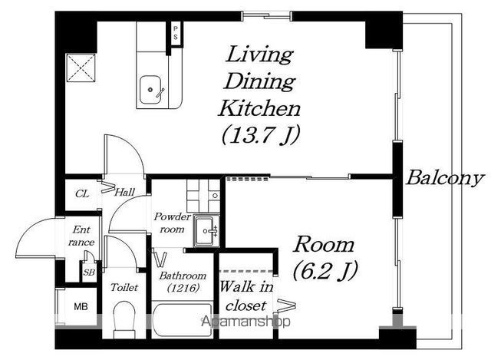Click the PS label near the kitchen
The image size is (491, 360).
point(176,33)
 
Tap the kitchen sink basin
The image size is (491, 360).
point(150,90)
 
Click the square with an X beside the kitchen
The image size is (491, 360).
point(81,68)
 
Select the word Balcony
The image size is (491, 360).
point(445,179)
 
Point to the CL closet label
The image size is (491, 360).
point(82,194)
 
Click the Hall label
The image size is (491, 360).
point(124,192)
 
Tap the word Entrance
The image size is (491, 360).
point(81,236)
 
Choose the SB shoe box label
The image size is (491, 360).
point(89,272)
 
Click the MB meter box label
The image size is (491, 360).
point(81,306)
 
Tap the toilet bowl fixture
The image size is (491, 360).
point(124,319)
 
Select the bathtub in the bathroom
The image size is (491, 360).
point(183,319)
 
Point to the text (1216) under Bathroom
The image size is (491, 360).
point(183,288)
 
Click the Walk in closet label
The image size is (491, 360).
point(246,296)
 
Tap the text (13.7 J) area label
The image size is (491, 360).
point(261,135)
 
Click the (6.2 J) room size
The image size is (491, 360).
point(325,271)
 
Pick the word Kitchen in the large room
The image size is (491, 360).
point(259,108)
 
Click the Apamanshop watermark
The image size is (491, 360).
point(245,322)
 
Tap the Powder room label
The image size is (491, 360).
point(172,223)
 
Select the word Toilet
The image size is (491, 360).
point(124,287)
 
